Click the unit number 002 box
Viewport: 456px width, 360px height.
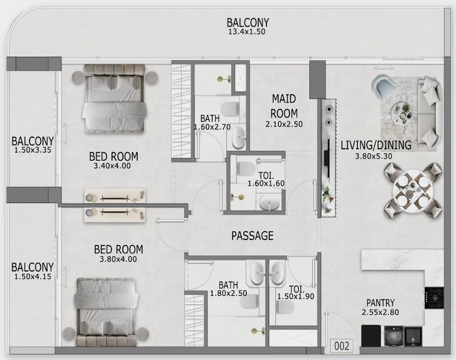[342, 346]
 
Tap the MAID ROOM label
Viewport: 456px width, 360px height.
[284, 106]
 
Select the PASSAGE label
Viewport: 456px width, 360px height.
[253, 236]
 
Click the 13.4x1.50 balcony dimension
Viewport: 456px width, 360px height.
[247, 32]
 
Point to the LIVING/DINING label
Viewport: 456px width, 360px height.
[376, 145]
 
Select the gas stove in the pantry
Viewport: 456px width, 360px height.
[434, 298]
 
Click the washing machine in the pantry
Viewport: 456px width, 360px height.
[394, 336]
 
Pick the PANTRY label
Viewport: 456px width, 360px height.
[380, 303]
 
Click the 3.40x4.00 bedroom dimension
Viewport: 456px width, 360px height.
[112, 166]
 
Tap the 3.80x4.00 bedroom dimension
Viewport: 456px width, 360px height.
[118, 259]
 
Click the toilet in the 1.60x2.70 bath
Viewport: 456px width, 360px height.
[230, 109]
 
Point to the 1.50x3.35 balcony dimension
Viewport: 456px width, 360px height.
[33, 150]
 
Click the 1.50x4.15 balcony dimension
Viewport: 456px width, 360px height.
[33, 276]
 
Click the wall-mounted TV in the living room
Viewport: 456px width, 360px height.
[329, 158]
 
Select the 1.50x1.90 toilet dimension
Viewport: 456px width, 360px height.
[296, 296]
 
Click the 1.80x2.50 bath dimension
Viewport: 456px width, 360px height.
[228, 293]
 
